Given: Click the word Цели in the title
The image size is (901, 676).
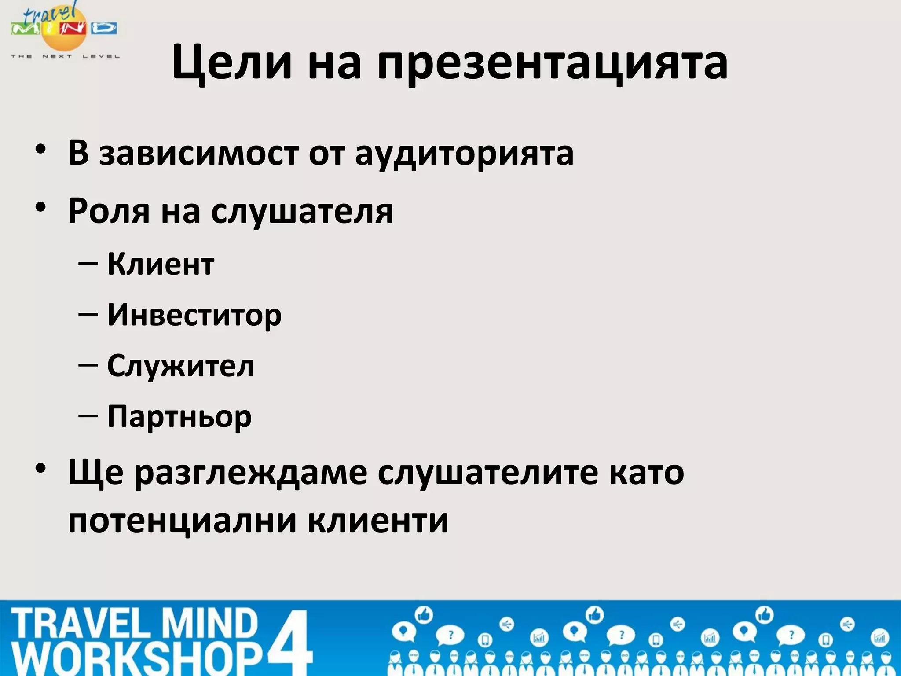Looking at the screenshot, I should (232, 63).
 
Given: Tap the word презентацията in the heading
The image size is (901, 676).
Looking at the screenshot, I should (552, 64).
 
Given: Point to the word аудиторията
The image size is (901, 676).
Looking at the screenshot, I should (464, 154).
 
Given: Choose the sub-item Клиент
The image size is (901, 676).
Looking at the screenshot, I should (161, 265).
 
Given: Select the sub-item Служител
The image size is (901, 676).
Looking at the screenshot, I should (181, 366).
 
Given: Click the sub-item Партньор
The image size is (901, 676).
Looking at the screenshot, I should (179, 417).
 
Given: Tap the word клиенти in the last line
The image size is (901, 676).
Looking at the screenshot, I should (378, 521).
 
